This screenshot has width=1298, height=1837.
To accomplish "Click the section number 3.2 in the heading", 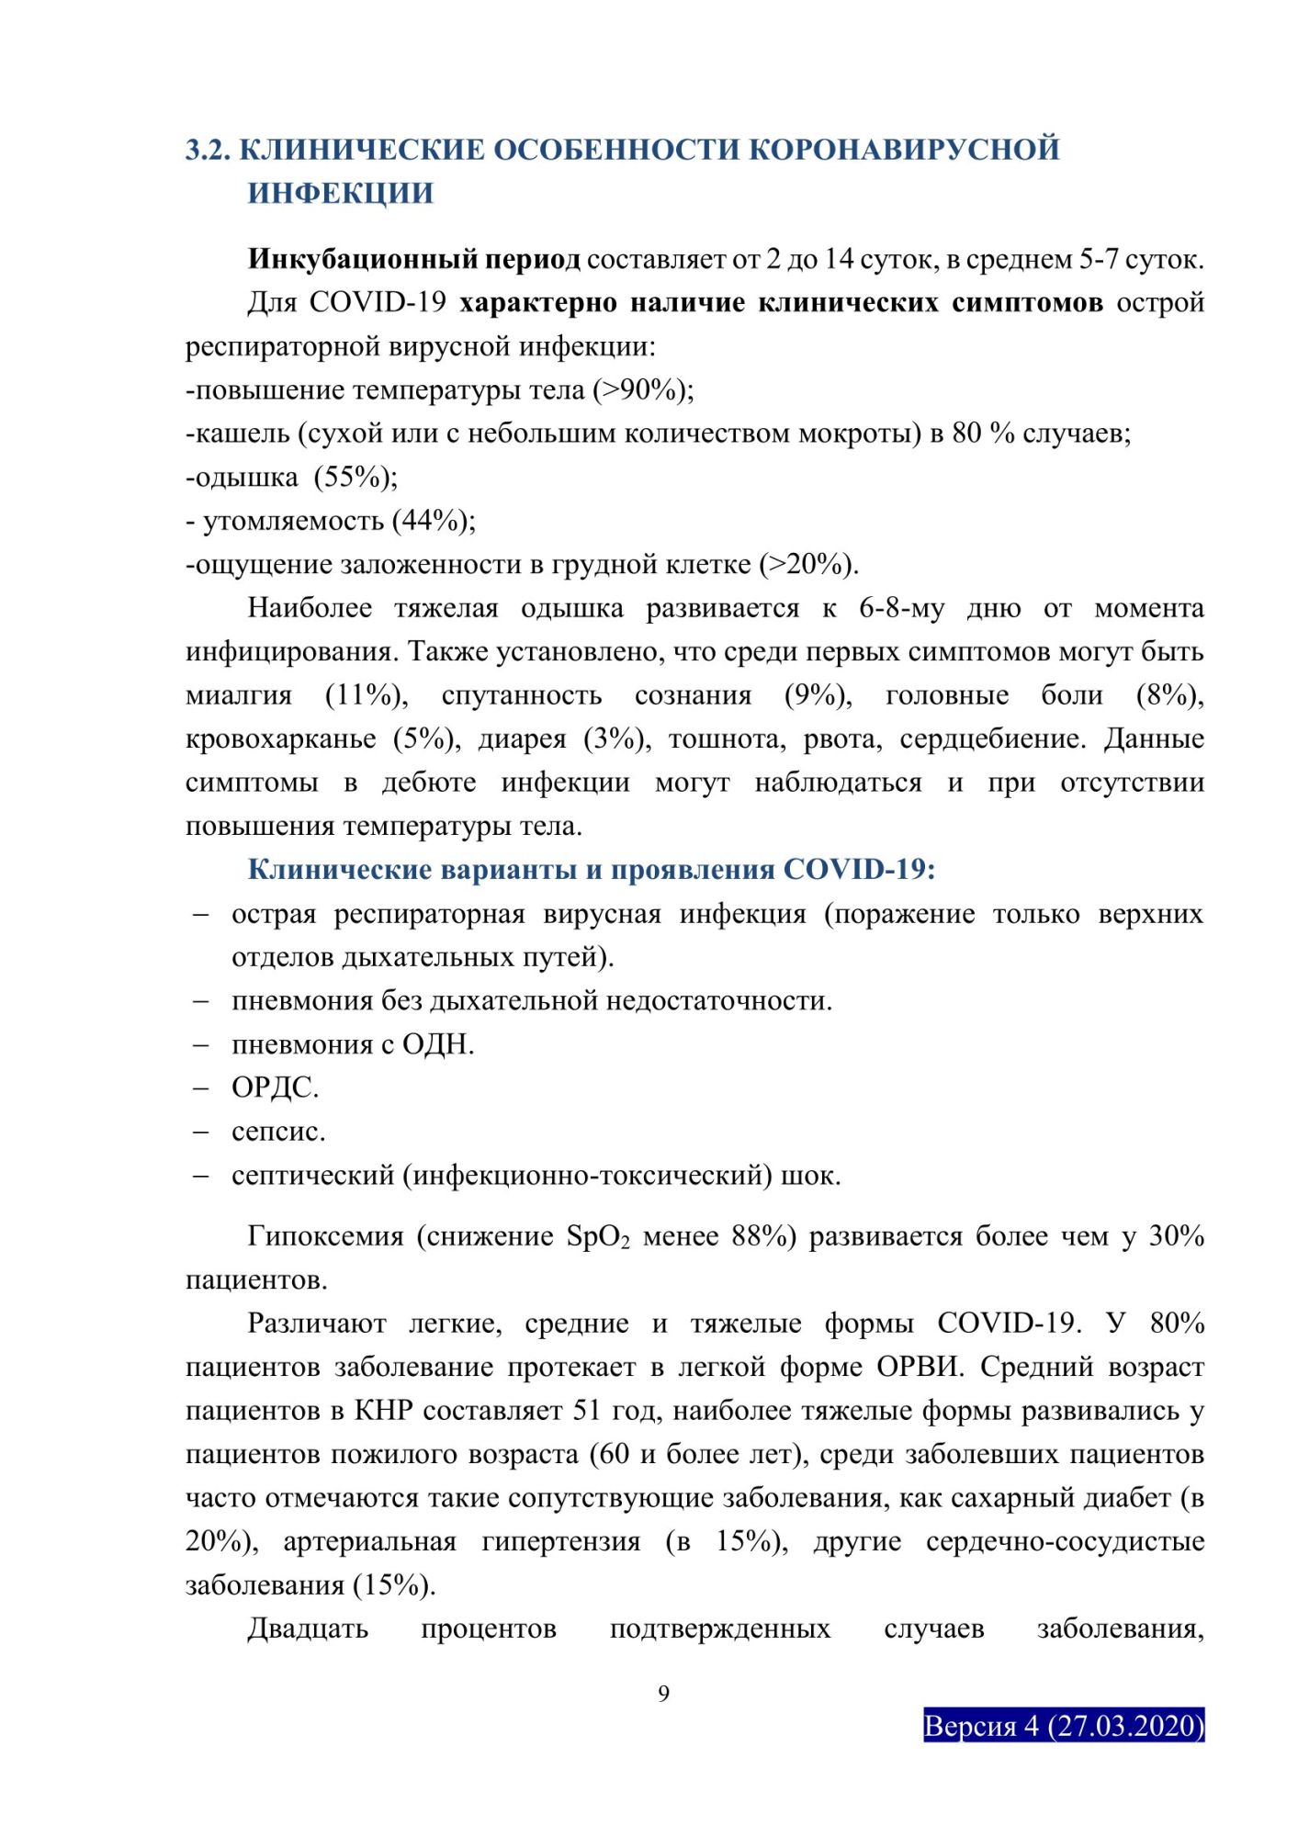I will [208, 150].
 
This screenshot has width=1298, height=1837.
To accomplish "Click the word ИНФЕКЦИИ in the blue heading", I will [340, 194].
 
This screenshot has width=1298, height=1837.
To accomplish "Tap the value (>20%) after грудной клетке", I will [807, 564].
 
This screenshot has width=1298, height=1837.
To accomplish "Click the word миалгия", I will [239, 695].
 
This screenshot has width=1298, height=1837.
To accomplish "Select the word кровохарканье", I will [281, 738].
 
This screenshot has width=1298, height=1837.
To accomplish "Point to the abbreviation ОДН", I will [437, 1044].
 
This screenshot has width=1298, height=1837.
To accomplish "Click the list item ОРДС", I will [275, 1088].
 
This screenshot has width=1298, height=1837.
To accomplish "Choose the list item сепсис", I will [278, 1132].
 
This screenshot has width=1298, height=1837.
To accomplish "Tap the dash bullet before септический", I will [200, 1176].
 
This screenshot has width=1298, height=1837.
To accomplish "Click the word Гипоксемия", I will [325, 1236].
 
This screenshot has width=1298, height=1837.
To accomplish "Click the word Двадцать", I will [308, 1629].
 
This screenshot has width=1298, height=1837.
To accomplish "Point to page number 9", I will [664, 1694].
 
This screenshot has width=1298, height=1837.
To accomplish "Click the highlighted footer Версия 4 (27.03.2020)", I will [1063, 1726].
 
